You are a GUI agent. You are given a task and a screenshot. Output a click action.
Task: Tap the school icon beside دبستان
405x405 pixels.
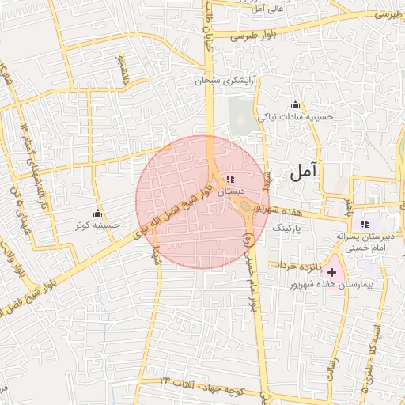pos(230,180)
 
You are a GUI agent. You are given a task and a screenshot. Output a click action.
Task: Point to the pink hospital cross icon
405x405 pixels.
pos(331,272)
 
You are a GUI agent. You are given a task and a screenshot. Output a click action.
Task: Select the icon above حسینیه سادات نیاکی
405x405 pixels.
pos(296,105)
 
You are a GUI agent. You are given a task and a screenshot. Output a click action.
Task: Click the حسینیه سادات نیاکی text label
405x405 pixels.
pos(296,117)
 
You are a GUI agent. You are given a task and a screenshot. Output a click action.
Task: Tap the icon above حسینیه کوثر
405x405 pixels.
pos(97,213)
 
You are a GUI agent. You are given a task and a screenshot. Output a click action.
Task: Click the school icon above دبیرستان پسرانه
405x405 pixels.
pos(365,224)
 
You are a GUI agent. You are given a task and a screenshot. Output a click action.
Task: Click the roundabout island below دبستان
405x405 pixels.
pos(246,206)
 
